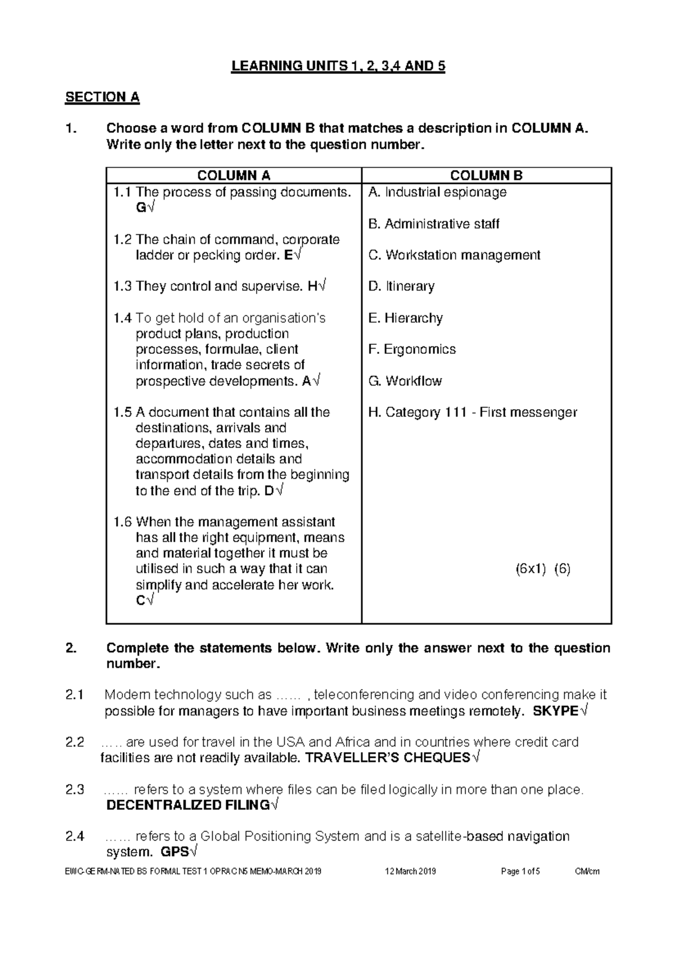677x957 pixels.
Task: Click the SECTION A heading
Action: pyautogui.click(x=102, y=97)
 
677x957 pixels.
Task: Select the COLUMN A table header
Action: pyautogui.click(x=234, y=175)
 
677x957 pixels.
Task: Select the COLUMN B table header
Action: pyautogui.click(x=486, y=175)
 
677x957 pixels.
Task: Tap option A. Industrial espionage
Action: pyautogui.click(x=437, y=192)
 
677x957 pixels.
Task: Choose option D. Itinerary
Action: pyautogui.click(x=401, y=287)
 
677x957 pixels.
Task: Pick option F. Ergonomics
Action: pyautogui.click(x=412, y=349)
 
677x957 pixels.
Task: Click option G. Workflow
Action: pyautogui.click(x=405, y=381)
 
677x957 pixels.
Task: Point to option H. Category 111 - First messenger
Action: pyautogui.click(x=472, y=412)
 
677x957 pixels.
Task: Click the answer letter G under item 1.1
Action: pyautogui.click(x=140, y=208)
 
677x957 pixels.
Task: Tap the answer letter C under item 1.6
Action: pyautogui.click(x=140, y=600)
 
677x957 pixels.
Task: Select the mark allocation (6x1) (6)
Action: pyautogui.click(x=543, y=569)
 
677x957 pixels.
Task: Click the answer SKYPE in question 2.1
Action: pyautogui.click(x=555, y=711)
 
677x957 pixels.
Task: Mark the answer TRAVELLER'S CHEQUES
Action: pyautogui.click(x=387, y=758)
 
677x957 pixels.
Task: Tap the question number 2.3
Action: pyautogui.click(x=75, y=789)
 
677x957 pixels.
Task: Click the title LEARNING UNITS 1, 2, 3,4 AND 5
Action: pyautogui.click(x=338, y=67)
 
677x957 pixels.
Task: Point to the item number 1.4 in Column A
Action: pyautogui.click(x=122, y=318)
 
